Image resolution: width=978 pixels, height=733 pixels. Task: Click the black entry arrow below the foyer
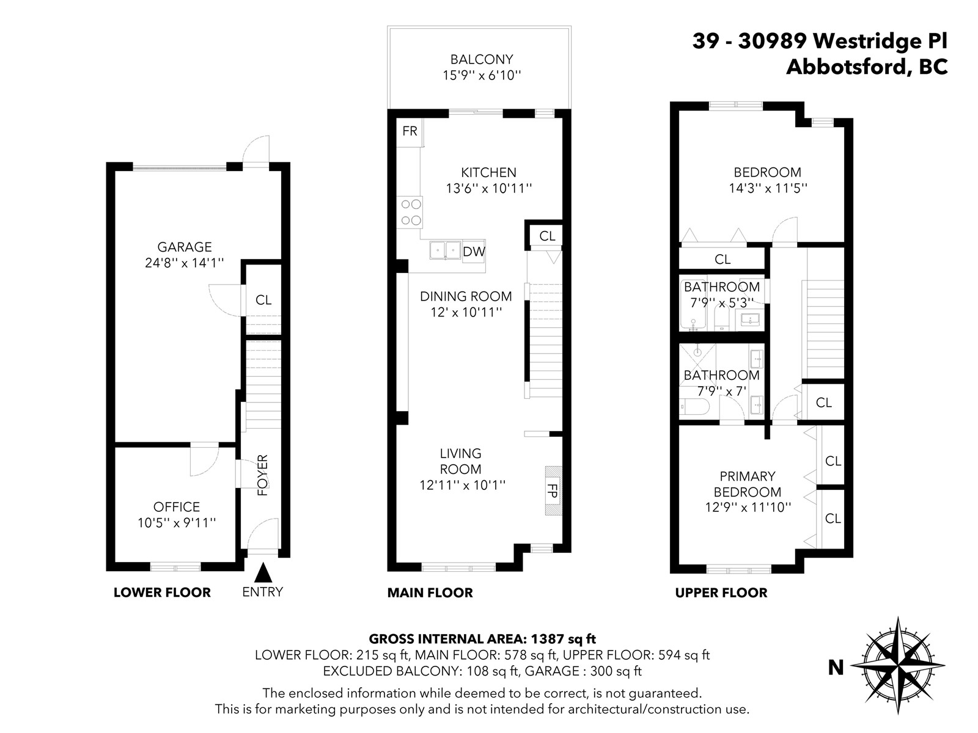pyautogui.click(x=263, y=572)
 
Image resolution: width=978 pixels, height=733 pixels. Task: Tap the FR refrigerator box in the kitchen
pyautogui.click(x=410, y=132)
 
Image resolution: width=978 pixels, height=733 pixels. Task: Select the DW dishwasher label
pyautogui.click(x=474, y=252)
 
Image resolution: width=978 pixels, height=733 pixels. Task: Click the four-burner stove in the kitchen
pyautogui.click(x=410, y=213)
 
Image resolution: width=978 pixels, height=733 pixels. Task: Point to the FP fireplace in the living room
pyautogui.click(x=553, y=490)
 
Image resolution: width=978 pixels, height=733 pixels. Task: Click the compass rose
pyautogui.click(x=897, y=666)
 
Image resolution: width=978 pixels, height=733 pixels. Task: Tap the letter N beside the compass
pyautogui.click(x=836, y=668)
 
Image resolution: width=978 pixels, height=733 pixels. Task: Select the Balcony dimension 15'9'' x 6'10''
pyautogui.click(x=482, y=75)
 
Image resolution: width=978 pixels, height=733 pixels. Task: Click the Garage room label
pyautogui.click(x=185, y=247)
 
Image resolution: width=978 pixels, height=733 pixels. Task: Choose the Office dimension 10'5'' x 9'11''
pyautogui.click(x=177, y=522)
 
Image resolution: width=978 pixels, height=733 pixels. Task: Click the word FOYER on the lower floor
pyautogui.click(x=263, y=475)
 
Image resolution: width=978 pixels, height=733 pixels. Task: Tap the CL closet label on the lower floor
pyautogui.click(x=263, y=300)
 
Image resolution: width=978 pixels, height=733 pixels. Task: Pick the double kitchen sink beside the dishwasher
pyautogui.click(x=445, y=250)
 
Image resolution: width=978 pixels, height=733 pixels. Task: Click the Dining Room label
pyautogui.click(x=466, y=296)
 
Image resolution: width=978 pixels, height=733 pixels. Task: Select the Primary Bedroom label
pyautogui.click(x=748, y=484)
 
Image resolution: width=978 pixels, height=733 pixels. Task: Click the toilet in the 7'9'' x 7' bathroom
pyautogui.click(x=694, y=406)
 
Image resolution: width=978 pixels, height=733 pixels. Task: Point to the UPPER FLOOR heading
pyautogui.click(x=721, y=593)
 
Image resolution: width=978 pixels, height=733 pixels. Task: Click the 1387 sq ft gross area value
pyautogui.click(x=563, y=639)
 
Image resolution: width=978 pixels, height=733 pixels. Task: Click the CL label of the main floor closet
pyautogui.click(x=548, y=236)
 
